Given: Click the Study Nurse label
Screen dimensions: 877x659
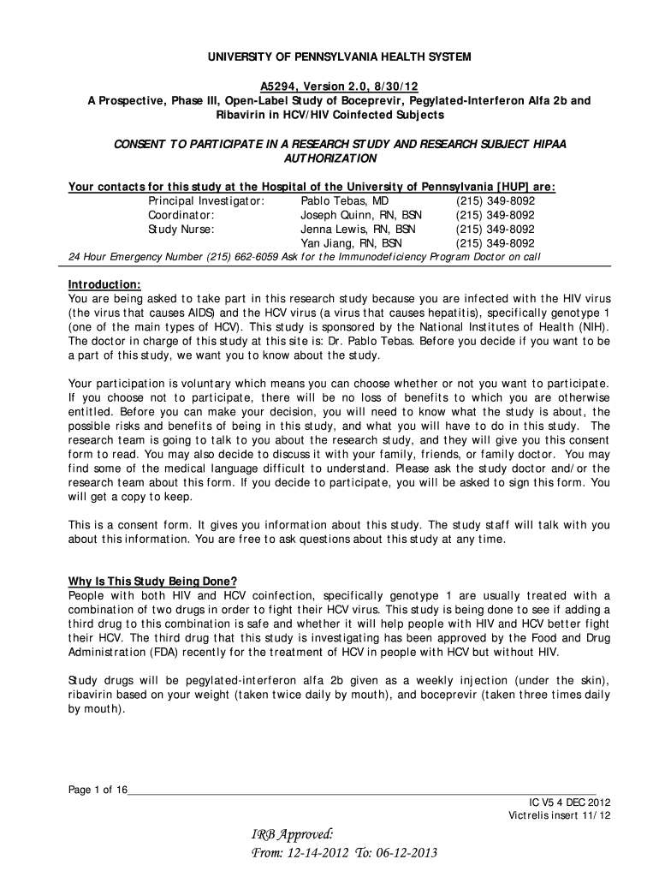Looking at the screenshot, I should click(181, 230).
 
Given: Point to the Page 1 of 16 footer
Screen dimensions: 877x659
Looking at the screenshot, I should click(98, 790).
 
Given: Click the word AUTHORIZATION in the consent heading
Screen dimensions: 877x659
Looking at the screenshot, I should click(329, 158).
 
